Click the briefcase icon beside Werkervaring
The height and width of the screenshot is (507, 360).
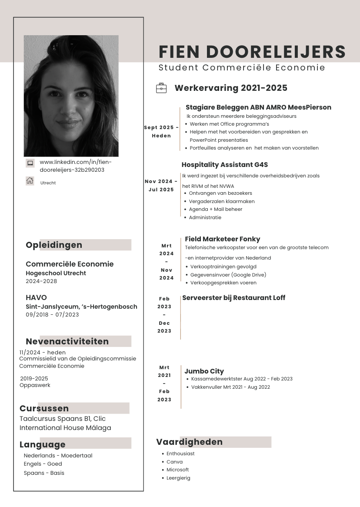161,88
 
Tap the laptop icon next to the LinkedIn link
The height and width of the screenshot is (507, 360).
30,163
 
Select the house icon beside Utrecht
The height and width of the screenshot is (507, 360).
30,181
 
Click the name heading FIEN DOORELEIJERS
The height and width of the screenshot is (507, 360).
252,51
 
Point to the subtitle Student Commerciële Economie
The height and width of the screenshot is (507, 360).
242,67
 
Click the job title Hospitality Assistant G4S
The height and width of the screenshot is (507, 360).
225,165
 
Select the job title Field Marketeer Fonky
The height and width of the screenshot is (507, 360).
222,239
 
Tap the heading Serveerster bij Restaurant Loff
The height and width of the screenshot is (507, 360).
233,297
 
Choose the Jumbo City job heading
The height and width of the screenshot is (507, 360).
204,371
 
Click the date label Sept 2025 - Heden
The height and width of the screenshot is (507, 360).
161,131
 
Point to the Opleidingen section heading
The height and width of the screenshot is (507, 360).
54,245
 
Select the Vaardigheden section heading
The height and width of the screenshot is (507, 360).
189,442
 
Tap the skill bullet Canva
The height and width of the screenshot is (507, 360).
174,462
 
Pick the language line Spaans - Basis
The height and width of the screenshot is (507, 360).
44,473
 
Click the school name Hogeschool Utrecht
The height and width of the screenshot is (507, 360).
56,273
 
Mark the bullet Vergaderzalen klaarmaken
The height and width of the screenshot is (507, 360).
221,201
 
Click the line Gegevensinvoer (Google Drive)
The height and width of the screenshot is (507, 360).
228,275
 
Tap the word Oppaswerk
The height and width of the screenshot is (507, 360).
35,385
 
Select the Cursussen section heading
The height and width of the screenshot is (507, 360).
44,408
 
